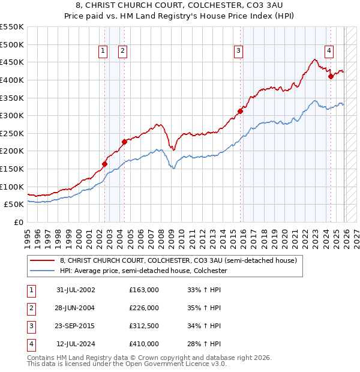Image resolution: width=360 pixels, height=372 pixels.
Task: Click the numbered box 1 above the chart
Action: coord(103,52)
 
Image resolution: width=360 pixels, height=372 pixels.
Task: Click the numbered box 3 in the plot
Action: coord(238,52)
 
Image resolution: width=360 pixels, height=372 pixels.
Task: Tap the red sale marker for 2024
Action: coord(331,76)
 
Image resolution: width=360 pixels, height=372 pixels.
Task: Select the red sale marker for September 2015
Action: coord(240,111)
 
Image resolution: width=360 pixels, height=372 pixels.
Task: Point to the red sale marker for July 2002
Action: coord(104,164)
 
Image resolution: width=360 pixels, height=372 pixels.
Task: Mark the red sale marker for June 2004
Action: coord(124,142)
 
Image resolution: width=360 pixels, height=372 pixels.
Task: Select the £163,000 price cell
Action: coord(144,290)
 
